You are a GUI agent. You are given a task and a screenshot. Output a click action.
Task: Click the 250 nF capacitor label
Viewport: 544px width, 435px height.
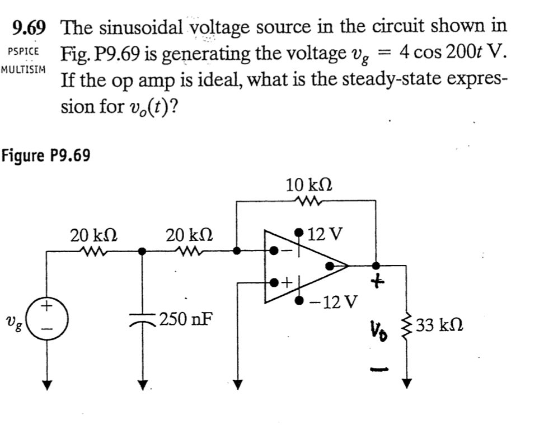tap(186, 320)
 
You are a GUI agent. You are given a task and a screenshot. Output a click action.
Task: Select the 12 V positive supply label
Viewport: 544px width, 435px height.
tap(324, 233)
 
